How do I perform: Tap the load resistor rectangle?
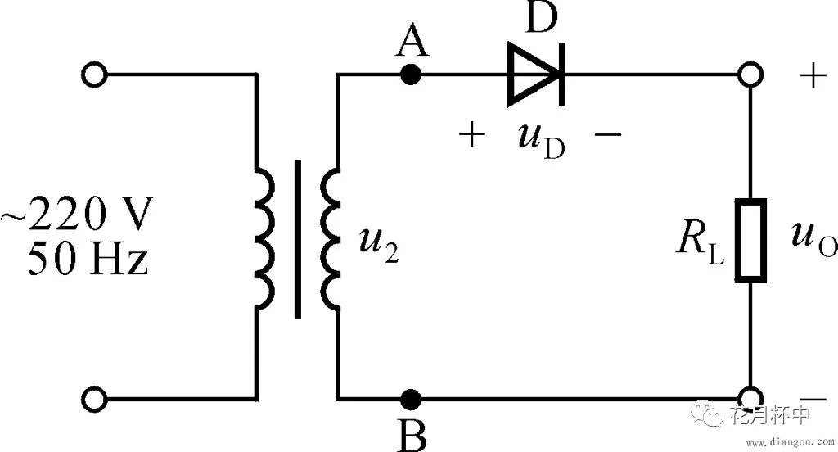tap(750, 240)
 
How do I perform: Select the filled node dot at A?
tap(412, 75)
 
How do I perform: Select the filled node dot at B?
tap(412, 399)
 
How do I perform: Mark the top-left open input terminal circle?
tap(95, 75)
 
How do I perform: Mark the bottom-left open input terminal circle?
tap(95, 399)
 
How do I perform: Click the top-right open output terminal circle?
tap(750, 75)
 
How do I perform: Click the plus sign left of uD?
tap(471, 135)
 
